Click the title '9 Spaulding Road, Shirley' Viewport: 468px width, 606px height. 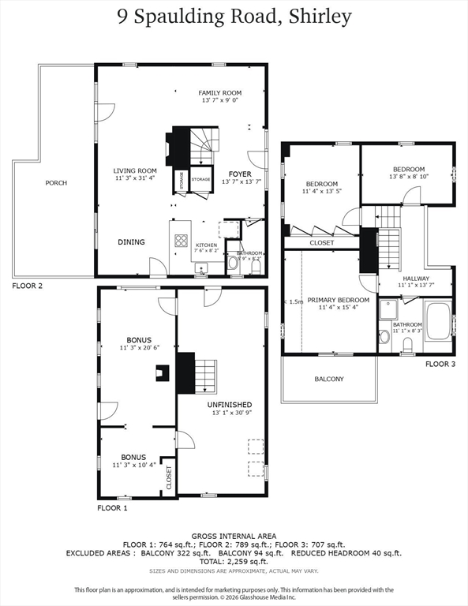pos(234,17)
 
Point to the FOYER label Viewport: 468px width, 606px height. pos(240,173)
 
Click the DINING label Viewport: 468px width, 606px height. pos(132,242)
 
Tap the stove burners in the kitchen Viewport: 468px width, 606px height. pos(181,241)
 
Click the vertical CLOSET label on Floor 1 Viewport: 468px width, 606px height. pos(169,477)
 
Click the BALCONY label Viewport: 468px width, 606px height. pos(329,380)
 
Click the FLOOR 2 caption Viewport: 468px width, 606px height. pos(28,286)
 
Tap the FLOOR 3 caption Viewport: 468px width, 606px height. pos(440,365)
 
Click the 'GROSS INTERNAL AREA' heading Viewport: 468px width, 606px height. pos(234,536)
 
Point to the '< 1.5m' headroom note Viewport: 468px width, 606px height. pos(294,301)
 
